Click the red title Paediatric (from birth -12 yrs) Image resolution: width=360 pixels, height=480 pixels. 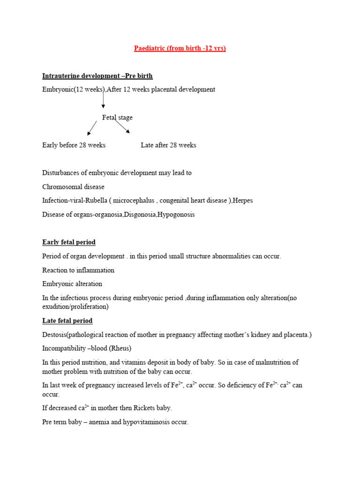pyautogui.click(x=180, y=48)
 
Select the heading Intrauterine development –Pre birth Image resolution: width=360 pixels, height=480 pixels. pyautogui.click(x=97, y=76)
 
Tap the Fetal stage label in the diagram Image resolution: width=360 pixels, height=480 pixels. pyautogui.click(x=117, y=118)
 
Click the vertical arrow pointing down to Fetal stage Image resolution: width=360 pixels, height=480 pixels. pyautogui.click(x=103, y=100)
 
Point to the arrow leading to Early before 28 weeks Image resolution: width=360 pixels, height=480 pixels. pyautogui.click(x=92, y=128)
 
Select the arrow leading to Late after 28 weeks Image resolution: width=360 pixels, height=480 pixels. pyautogui.click(x=123, y=127)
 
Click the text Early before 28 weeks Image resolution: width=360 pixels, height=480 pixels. pyautogui.click(x=74, y=145)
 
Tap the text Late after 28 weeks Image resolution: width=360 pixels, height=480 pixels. pyautogui.click(x=168, y=145)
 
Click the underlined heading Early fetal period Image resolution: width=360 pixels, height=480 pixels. pyautogui.click(x=69, y=242)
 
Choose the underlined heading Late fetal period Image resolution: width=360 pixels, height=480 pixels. pyautogui.click(x=67, y=321)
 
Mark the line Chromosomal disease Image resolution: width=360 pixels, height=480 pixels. pyautogui.click(x=73, y=187)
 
